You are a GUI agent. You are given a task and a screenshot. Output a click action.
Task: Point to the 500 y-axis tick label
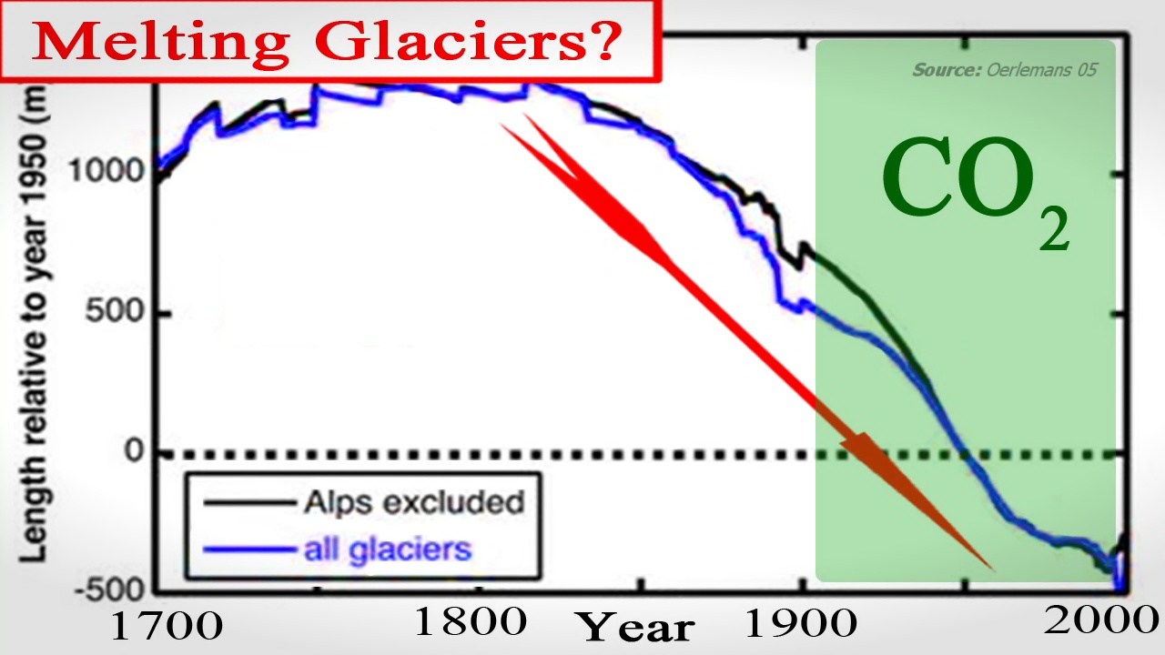click(x=115, y=311)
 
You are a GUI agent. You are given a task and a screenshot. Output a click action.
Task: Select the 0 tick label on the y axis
click(x=134, y=450)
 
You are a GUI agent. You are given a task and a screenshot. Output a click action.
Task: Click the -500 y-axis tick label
click(x=109, y=590)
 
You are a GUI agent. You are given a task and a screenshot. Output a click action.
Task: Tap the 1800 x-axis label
click(x=471, y=621)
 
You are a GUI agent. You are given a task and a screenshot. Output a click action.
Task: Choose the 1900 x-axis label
click(x=801, y=624)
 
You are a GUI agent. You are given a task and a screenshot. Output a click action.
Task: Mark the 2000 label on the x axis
click(x=1101, y=620)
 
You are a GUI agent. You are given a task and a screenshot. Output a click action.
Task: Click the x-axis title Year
click(x=636, y=627)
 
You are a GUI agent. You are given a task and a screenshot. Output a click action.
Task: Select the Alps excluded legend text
click(x=414, y=503)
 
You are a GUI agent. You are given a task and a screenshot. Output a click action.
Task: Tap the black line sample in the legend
click(x=249, y=503)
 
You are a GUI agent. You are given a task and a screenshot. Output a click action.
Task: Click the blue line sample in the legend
click(x=249, y=549)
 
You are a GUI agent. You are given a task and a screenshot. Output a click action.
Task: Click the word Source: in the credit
click(x=947, y=70)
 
